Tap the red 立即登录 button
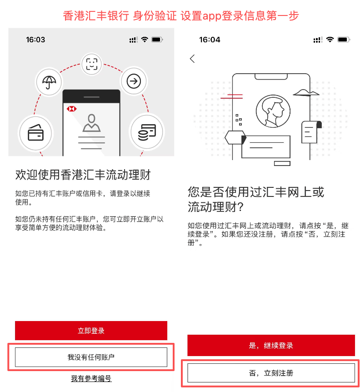pyautogui.click(x=91, y=331)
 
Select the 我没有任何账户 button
pyautogui.click(x=91, y=357)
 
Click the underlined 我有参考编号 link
pyautogui.click(x=91, y=378)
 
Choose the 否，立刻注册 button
pyautogui.click(x=271, y=373)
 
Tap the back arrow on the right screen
pyautogui.click(x=192, y=59)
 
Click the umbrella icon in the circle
pyautogui.click(x=48, y=82)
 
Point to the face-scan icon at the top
pyautogui.click(x=92, y=64)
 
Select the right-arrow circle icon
pyautogui.click(x=134, y=82)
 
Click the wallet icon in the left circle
pyautogui.click(x=35, y=133)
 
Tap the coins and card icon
pyautogui.click(x=146, y=132)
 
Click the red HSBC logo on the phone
pyautogui.click(x=70, y=109)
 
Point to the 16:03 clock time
pyautogui.click(x=35, y=40)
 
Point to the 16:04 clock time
pyautogui.click(x=210, y=40)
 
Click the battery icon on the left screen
pyautogui.click(x=157, y=40)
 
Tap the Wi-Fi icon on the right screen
pyautogui.click(x=330, y=40)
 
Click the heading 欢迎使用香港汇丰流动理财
pyautogui.click(x=83, y=175)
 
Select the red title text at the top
pyautogui.click(x=180, y=15)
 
